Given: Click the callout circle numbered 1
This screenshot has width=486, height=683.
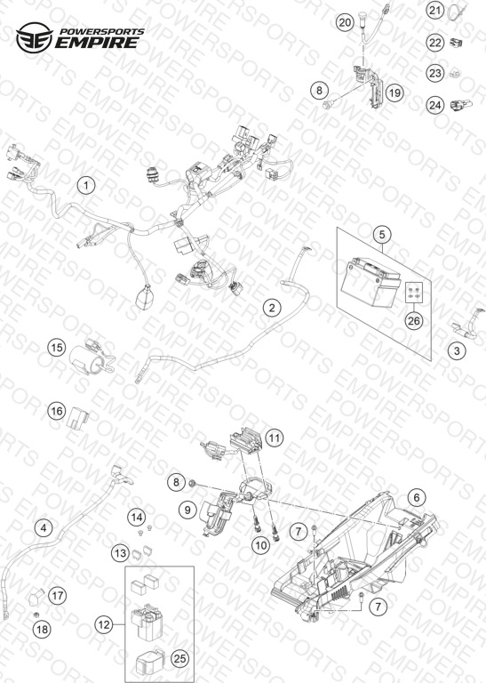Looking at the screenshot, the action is click(86, 185).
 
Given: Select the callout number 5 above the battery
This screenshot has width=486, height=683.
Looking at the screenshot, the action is click(382, 235).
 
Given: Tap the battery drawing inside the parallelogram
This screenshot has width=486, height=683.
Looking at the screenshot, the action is click(370, 281).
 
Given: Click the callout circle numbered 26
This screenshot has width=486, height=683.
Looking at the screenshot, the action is click(414, 320).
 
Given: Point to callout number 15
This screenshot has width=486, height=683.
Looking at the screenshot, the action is click(57, 348).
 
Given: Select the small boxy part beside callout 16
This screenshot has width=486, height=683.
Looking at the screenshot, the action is click(78, 418).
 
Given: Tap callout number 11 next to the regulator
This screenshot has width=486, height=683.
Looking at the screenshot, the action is click(275, 438).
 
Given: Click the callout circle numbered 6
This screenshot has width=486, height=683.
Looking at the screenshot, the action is click(417, 497).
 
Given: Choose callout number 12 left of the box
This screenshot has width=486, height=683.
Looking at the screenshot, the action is click(104, 625).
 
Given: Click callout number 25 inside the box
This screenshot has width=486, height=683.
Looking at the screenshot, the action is click(179, 659).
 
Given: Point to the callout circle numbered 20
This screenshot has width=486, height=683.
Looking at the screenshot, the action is click(345, 21).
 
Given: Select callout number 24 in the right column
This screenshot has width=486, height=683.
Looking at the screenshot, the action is click(435, 105).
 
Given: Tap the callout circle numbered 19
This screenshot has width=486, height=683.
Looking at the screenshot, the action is click(394, 92).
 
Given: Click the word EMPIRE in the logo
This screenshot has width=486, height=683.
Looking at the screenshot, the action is click(97, 43).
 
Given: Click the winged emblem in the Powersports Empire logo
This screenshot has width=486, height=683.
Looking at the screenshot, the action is click(35, 37).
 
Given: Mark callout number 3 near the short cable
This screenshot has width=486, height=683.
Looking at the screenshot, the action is click(457, 350).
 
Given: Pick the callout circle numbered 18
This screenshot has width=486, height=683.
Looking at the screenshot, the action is click(43, 629).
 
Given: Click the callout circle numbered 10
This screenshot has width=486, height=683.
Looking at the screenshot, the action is click(261, 545).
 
